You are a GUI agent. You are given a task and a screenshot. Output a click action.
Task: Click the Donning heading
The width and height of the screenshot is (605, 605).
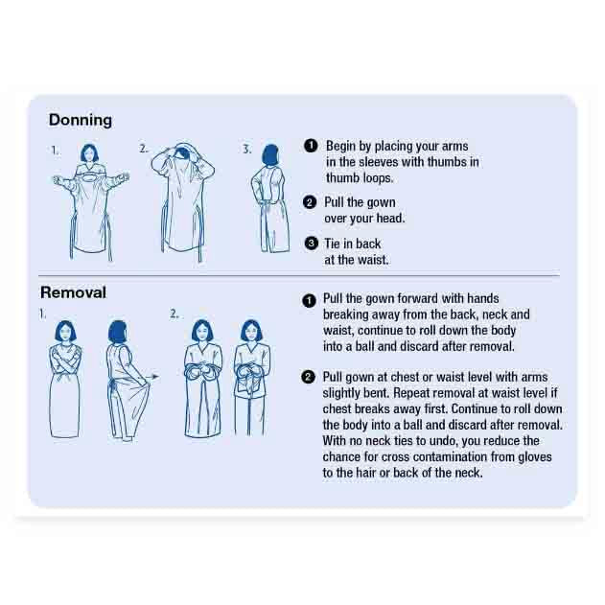pos(81,121)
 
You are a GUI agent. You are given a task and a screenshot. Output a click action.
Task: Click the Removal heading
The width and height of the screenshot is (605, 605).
pos(73,292)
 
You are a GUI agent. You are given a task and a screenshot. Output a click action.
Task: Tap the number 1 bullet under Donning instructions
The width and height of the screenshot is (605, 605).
pos(311,146)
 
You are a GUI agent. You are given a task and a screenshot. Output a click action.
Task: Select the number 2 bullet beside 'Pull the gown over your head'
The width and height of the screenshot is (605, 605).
pos(311,202)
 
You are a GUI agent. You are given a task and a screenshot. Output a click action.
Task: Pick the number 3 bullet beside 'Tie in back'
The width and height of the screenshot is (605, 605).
pos(311,243)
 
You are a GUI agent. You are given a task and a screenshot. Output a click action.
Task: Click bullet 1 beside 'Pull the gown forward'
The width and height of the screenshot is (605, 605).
pos(309,300)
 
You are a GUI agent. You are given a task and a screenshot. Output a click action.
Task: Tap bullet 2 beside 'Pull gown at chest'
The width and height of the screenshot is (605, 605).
pos(309,377)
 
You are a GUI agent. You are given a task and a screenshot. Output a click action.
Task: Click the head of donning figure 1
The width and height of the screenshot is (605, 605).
pos(91,153)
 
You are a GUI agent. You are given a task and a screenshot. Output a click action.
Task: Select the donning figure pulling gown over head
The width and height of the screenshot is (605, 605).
pos(181,197)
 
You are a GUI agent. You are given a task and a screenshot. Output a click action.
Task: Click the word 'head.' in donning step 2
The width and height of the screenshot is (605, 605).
pos(388,219)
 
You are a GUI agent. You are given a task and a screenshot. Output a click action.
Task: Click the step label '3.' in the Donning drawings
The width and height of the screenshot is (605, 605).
pos(246,149)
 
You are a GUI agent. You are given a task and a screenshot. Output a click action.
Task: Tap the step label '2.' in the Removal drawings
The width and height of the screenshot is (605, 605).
pos(175,313)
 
